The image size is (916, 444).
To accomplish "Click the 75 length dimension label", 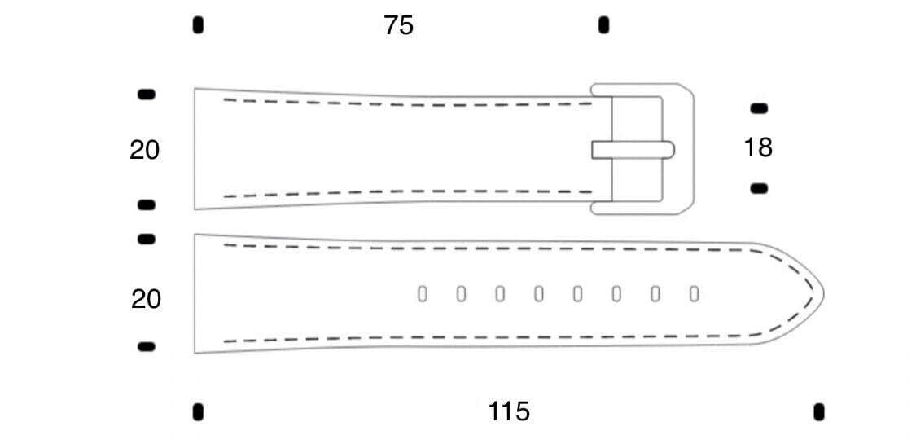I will pos(399,26).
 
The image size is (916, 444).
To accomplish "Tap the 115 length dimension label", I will pos(509,411).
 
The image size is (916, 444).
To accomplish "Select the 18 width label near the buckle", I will pos(758,147).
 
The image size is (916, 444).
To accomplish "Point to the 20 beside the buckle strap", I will pos(145,151).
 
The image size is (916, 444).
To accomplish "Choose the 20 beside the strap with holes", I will pos(147,300).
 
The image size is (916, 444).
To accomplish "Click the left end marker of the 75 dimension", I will pos(198,25).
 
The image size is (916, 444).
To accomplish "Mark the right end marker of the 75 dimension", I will pos(603,25).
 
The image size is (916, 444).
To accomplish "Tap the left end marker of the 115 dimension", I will pos(198,411).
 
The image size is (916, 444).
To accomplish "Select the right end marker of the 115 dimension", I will pos(819,411).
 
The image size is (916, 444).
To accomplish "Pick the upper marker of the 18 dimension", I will pos(759,108).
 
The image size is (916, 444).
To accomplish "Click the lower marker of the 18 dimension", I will pos(759,188).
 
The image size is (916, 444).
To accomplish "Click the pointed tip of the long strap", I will pos(822,292).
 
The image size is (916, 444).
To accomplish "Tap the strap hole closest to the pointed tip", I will pos(694,294).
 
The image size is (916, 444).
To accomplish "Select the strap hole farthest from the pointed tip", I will pos(422,294).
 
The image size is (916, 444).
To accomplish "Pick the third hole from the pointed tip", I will pos(616,294).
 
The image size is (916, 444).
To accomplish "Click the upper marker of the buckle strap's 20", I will pos(147,95).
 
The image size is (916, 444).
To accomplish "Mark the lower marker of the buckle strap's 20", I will pos(147,204).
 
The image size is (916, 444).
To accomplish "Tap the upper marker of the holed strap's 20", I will pos(147,239).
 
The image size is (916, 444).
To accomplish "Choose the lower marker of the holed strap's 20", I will pos(147,346).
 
